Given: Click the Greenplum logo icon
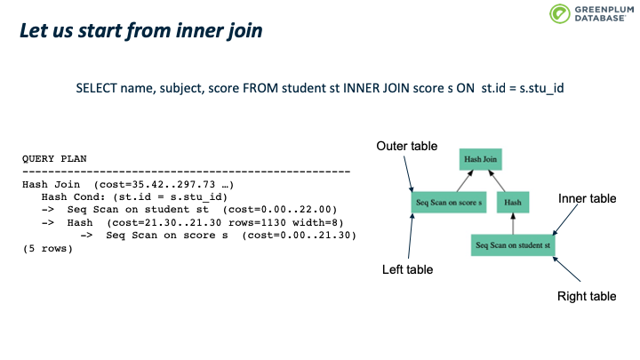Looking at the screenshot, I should coord(560,15).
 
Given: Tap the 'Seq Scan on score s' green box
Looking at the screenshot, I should coord(448,202).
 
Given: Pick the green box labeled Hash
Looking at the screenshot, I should coord(513,202).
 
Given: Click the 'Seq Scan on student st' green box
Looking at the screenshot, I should coord(514,244).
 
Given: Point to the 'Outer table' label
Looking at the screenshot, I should coord(405,146).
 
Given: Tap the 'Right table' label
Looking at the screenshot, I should coord(586,296).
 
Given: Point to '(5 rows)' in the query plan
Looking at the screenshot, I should coord(48,248).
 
